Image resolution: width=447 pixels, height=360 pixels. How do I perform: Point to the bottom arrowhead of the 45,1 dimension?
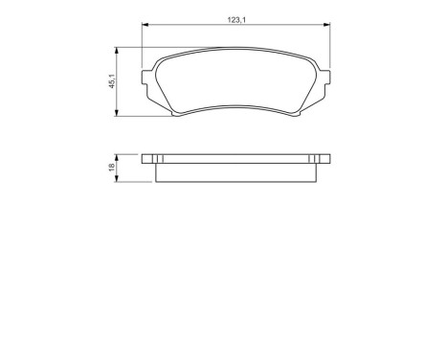pos(117,114)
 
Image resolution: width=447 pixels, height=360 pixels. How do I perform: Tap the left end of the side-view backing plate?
pos(145,160)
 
